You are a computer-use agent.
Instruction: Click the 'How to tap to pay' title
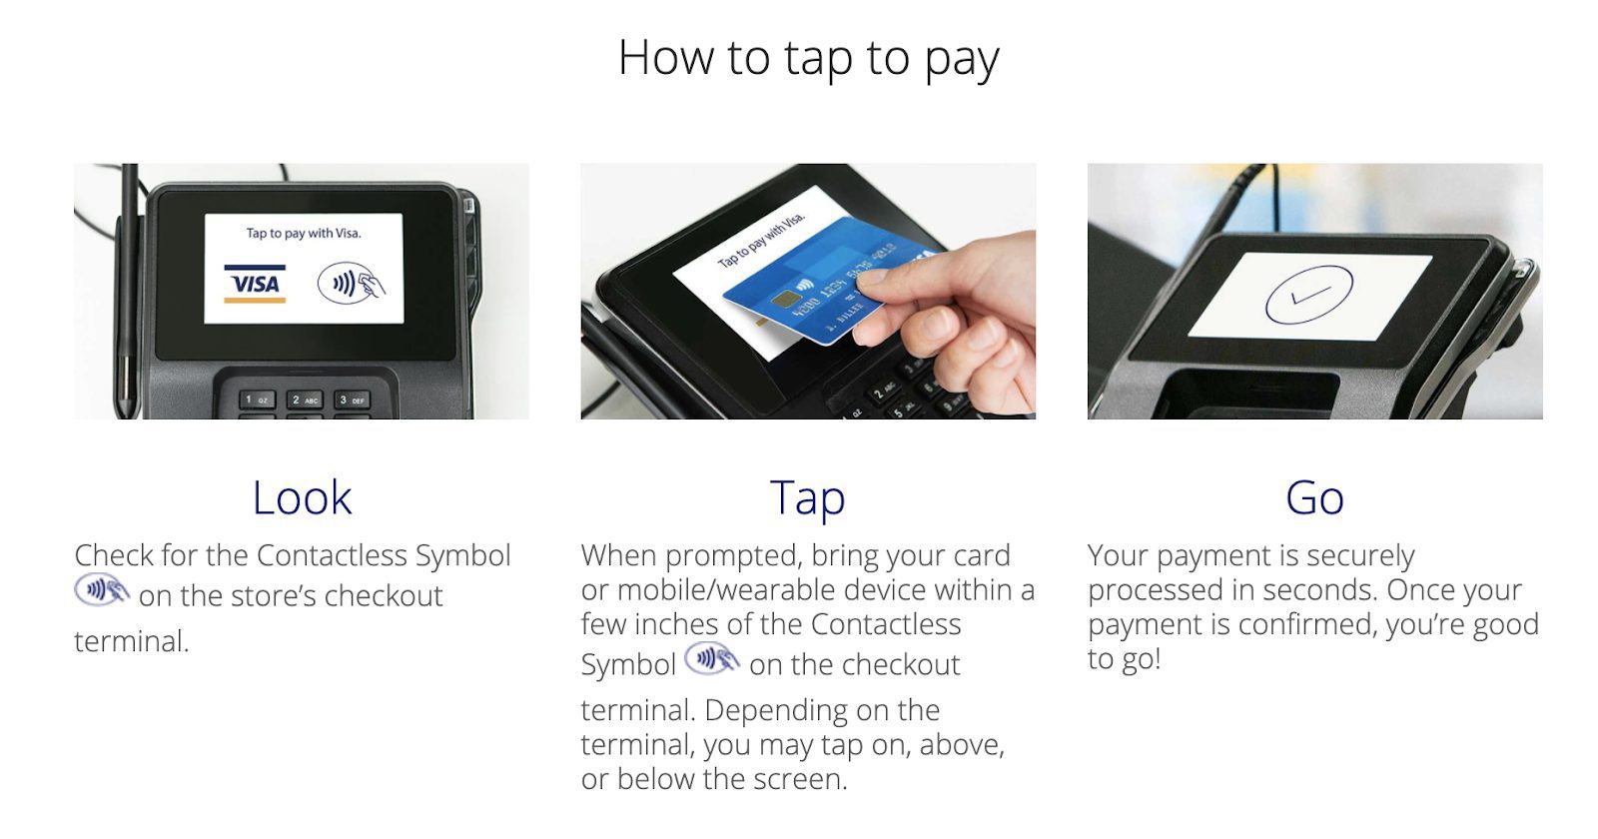808,59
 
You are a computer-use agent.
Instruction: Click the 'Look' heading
302,497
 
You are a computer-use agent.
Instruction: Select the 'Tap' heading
808,498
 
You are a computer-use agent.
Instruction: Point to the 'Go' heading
1314,497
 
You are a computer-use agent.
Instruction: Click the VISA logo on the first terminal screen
255,284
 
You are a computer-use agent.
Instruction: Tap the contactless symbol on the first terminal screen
351,284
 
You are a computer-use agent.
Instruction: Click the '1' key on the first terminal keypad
256,400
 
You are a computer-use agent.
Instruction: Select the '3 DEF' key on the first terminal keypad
352,400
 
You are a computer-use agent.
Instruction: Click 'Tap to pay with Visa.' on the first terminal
304,233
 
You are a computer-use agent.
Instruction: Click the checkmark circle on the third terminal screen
1308,294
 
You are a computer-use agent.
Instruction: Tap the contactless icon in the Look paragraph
101,590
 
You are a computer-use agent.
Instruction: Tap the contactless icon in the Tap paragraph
711,658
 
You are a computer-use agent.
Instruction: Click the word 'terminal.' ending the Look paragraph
131,641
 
